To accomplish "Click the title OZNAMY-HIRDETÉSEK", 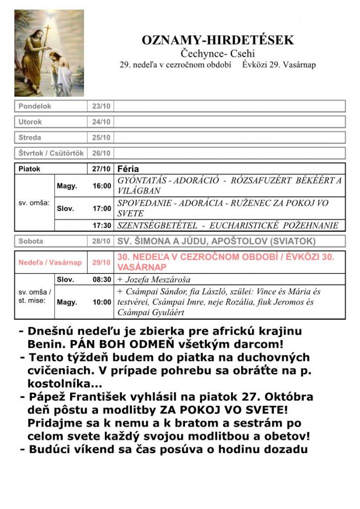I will click(x=218, y=41).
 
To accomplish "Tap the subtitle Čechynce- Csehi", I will click(x=218, y=54).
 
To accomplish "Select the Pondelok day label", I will click(x=35, y=106).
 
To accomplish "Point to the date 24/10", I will click(x=101, y=122).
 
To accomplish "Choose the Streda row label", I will click(x=30, y=137).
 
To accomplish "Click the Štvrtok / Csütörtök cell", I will click(x=51, y=153).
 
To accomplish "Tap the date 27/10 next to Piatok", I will click(x=101, y=169).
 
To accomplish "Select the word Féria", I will click(x=128, y=169).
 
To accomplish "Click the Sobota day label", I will click(x=31, y=241).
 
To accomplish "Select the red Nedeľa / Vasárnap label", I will click(x=50, y=262).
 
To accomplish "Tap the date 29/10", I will click(x=101, y=262).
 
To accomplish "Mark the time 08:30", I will click(x=101, y=279).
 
